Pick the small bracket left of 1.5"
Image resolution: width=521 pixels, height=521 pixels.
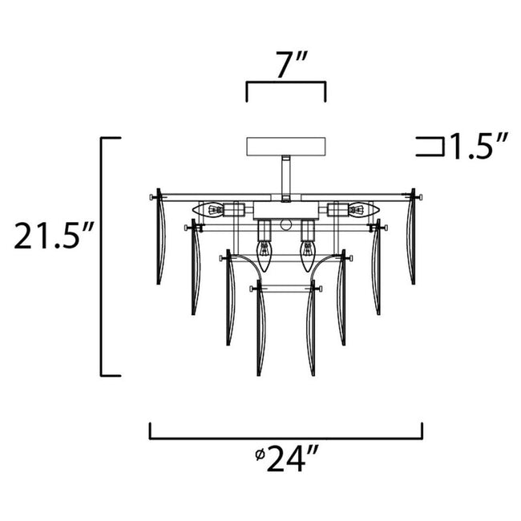click(431, 146)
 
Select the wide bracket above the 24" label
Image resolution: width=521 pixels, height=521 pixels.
click(286, 437)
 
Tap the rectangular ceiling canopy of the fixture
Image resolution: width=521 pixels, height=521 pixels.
click(286, 147)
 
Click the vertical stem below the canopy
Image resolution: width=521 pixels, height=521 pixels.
click(286, 176)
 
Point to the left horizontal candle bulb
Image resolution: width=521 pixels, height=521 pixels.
click(211, 211)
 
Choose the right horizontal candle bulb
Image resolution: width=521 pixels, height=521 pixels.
click(359, 211)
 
